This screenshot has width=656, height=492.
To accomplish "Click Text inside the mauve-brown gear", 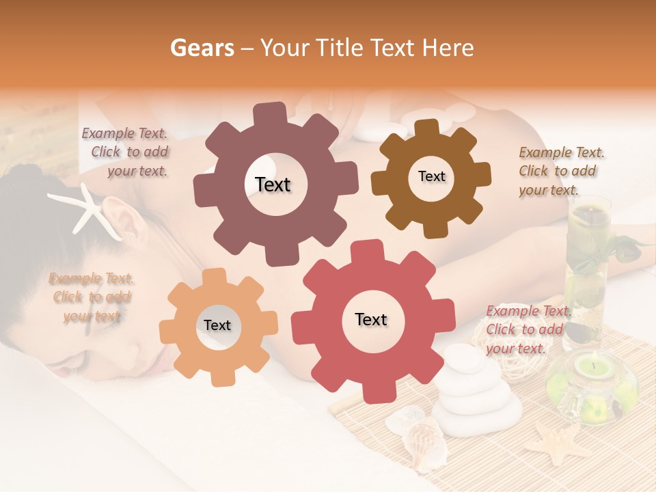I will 273,184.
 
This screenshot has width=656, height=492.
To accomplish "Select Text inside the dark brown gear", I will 431,176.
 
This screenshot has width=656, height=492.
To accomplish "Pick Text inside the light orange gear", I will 217,325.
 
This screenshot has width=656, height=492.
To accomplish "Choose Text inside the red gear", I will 371,319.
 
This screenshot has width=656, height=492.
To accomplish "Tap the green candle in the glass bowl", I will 592,369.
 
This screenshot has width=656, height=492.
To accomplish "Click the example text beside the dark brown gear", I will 560,171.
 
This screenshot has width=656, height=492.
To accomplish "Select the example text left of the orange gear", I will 91,297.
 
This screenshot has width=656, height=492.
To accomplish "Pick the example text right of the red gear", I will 527,329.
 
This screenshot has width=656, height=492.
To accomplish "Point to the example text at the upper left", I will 126,152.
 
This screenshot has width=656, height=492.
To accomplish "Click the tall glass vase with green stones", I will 587,266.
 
